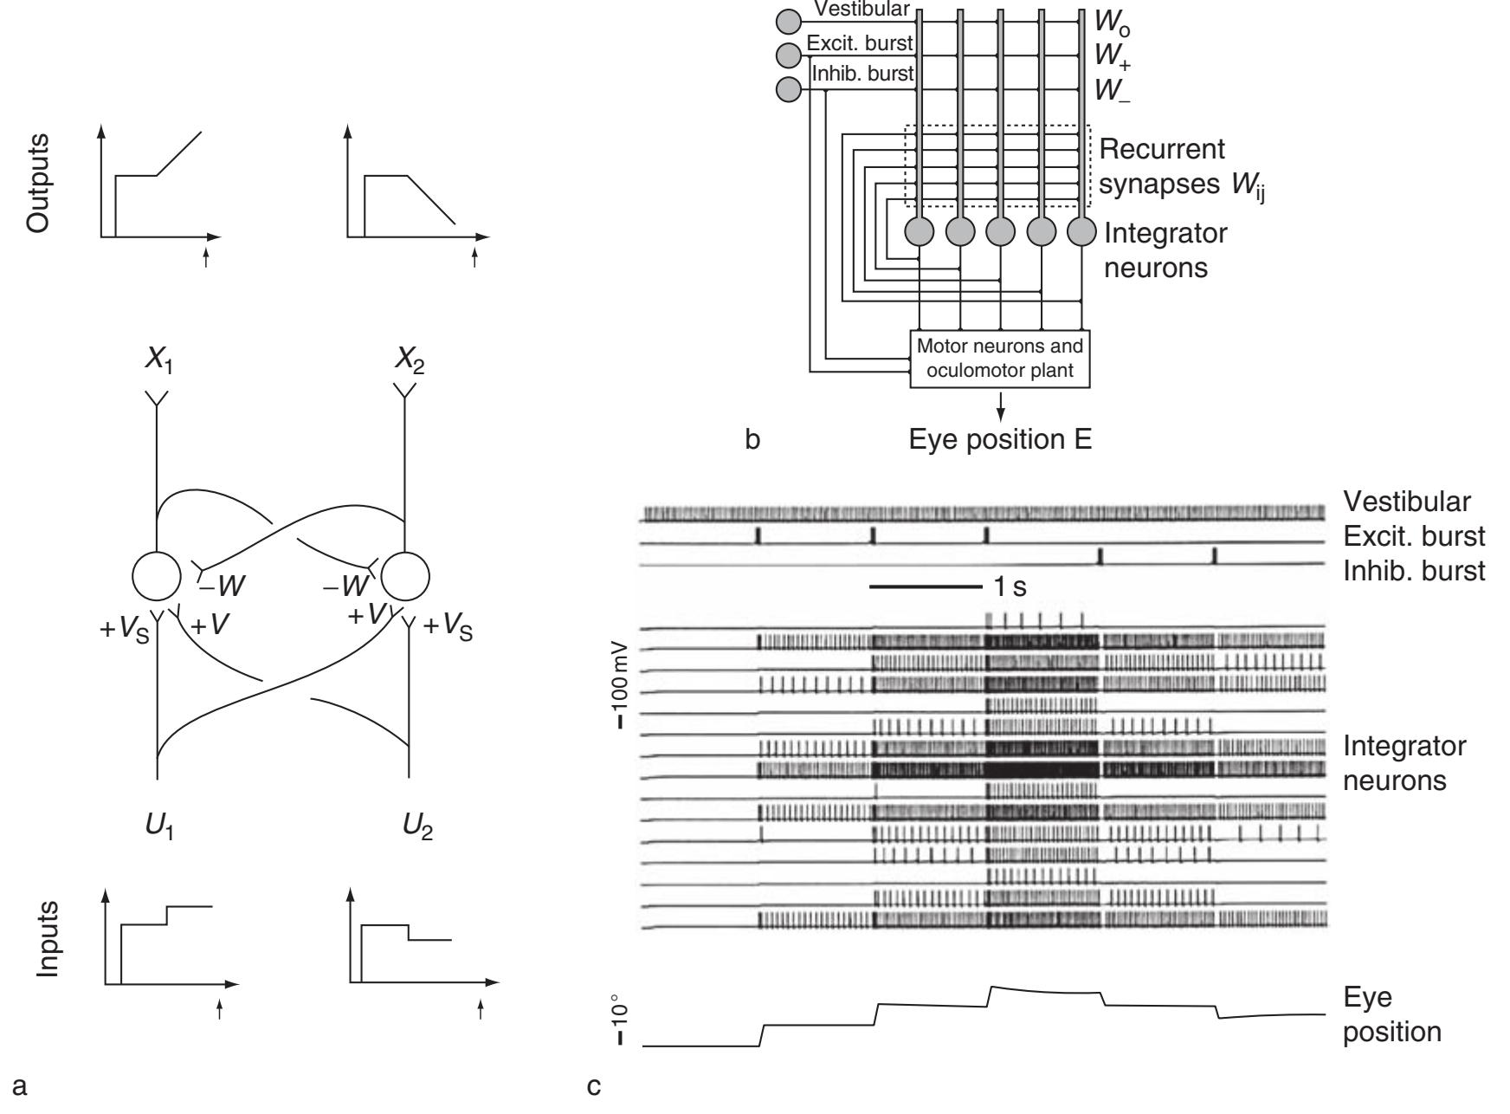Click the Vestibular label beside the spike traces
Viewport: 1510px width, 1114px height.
pyautogui.click(x=1406, y=501)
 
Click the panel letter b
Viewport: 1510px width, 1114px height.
pyautogui.click(x=753, y=440)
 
